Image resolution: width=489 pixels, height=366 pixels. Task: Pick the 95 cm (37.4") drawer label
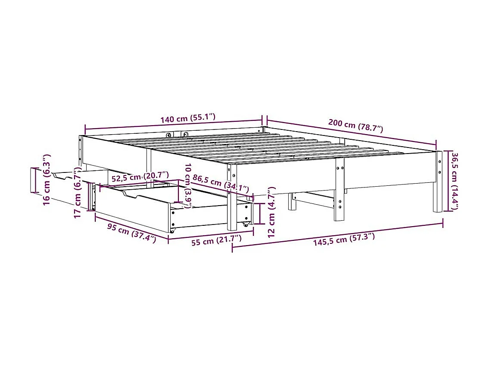click(131, 234)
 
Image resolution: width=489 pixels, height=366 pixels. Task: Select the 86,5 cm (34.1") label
click(221, 183)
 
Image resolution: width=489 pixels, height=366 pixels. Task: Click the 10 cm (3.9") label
click(187, 185)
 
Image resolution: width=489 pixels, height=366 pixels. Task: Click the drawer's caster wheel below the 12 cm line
click(246, 225)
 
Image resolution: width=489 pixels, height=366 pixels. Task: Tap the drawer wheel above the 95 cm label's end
click(172, 231)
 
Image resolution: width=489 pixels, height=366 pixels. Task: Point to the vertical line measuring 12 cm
click(259, 213)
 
